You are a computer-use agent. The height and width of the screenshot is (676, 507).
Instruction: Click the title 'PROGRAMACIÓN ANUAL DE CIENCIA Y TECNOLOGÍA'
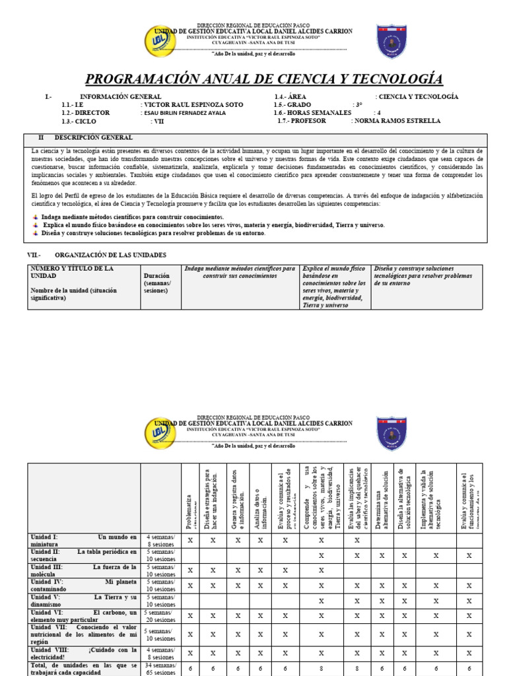(x=264, y=80)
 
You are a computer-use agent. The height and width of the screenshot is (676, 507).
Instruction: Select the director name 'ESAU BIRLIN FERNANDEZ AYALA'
(x=184, y=113)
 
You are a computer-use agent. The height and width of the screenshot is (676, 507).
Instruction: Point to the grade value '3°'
(x=358, y=105)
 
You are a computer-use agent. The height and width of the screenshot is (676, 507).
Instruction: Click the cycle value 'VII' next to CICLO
(x=157, y=121)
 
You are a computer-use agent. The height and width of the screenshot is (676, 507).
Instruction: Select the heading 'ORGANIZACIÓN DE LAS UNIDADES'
(x=110, y=255)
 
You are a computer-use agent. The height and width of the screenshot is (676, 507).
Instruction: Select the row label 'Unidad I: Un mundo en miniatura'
(x=83, y=541)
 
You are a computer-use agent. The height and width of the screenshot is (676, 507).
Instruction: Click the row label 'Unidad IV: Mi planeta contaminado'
(x=83, y=586)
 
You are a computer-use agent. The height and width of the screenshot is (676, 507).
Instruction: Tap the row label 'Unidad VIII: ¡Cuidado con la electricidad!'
(x=83, y=654)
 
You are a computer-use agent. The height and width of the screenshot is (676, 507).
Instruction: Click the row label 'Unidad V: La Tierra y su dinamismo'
(x=83, y=601)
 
